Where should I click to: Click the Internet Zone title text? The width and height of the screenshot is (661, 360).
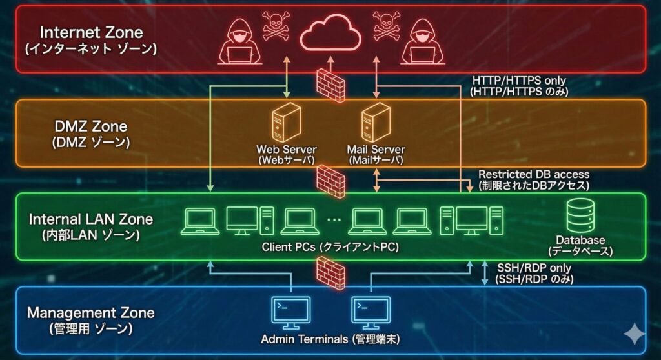[x=91, y=32]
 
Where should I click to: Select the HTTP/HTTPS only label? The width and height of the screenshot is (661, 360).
[x=519, y=81]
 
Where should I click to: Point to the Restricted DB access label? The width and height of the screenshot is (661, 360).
[x=533, y=174]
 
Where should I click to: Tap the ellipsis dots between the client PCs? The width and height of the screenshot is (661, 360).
[x=333, y=221]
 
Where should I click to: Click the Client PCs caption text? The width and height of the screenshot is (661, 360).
[x=330, y=247]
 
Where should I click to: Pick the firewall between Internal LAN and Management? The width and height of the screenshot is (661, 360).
[x=330, y=273]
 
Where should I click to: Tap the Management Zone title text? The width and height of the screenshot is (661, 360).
[x=90, y=313]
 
